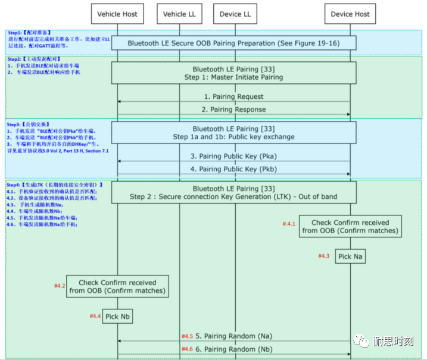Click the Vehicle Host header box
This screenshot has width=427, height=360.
click(117, 14)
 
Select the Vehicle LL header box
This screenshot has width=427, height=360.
click(174, 14)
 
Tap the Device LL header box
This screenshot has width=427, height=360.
click(235, 14)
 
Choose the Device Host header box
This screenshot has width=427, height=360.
click(350, 14)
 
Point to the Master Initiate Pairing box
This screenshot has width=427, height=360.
click(233, 73)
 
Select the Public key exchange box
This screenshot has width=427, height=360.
click(233, 132)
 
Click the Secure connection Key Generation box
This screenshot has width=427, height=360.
click(233, 192)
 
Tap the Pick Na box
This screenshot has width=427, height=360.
click(350, 256)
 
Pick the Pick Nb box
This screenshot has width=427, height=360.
click(117, 317)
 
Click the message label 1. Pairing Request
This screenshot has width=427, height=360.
click(233, 96)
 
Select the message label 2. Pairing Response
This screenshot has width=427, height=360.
click(233, 109)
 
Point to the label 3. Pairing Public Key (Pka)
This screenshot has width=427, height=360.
click(233, 156)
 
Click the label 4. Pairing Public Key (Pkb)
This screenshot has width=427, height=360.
click(233, 169)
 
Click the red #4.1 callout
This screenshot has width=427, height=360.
click(289, 223)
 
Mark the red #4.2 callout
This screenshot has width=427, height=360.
click(59, 286)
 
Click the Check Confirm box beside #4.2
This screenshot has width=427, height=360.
click(117, 287)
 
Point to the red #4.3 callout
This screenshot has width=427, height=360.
click(323, 256)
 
